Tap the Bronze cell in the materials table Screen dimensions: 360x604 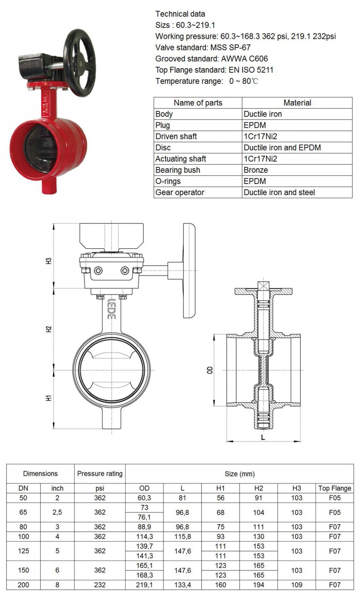tap(256, 170)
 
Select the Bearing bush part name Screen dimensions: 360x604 tap(178, 170)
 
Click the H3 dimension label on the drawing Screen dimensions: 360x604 tap(49, 261)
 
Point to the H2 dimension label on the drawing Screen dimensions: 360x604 tap(49, 329)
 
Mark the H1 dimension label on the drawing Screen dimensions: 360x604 tap(49, 398)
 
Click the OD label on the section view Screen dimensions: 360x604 tap(210, 370)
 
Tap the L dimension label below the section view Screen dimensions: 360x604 tap(263, 437)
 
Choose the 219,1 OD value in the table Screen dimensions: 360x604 tap(144, 585)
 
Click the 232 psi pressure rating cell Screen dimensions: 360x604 tap(100, 585)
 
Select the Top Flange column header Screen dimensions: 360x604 tap(335, 488)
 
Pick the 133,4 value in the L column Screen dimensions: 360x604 tap(183, 585)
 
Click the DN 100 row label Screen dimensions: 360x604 tap(23, 536)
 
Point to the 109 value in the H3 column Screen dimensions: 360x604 tap(297, 585)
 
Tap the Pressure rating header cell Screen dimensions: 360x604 tap(100, 473)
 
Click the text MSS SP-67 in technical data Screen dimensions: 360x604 tap(230, 48)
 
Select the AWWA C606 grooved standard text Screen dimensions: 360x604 tap(244, 59)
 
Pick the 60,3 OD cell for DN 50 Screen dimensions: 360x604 tap(144, 498)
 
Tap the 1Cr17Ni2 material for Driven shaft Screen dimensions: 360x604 tap(260, 136)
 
